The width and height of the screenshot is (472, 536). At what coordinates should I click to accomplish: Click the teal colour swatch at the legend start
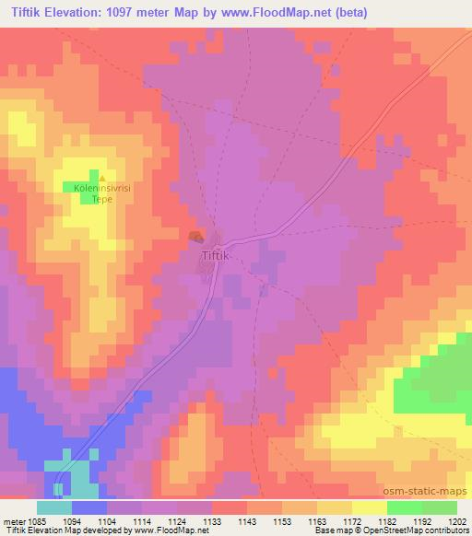(x=54, y=507)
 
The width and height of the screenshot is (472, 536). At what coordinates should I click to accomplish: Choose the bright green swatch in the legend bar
(x=403, y=507)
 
